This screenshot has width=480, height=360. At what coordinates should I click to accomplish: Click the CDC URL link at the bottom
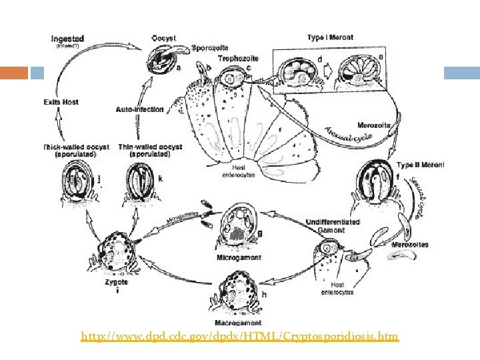click(x=239, y=337)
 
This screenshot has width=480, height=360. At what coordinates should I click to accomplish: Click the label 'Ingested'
click(x=68, y=39)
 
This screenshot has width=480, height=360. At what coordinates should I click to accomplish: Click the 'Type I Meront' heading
click(x=327, y=37)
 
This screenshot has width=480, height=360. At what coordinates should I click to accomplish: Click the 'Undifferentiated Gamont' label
click(x=333, y=225)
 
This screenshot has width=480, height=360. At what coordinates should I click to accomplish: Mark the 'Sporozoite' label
click(x=211, y=48)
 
